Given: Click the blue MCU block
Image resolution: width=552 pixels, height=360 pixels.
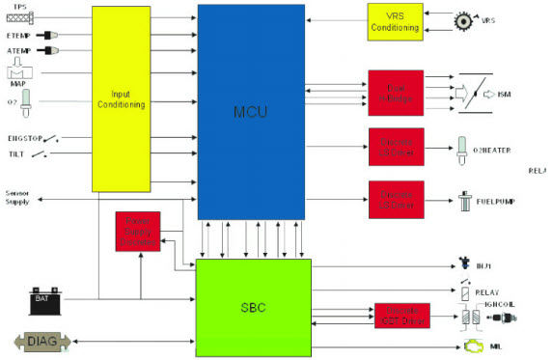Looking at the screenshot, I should click(252, 111).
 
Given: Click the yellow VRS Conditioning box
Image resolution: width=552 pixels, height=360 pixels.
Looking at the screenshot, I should click(396, 21).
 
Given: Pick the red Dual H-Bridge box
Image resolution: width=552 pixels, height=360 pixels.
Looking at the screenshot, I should click(396, 94).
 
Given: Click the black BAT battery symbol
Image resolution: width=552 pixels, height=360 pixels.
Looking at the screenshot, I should click(42, 302).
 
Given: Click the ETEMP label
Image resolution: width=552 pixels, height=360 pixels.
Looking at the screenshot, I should click(19, 36).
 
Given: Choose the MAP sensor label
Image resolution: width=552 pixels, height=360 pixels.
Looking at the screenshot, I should click(18, 84).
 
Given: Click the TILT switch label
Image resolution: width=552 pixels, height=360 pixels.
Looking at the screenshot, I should click(15, 153).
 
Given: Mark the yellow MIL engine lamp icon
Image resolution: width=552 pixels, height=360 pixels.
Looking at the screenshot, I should click(475, 343).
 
